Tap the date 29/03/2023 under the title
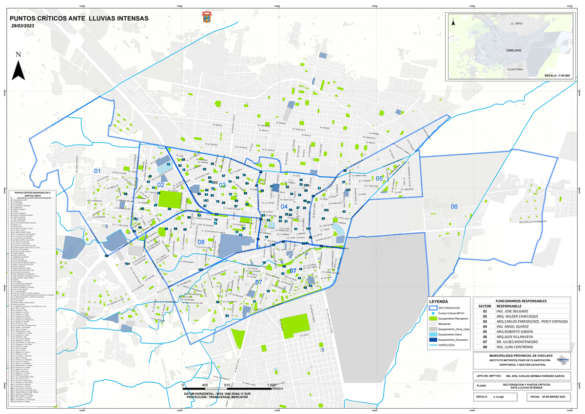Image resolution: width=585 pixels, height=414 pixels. pos(23,26)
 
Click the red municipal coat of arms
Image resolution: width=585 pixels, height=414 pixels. pos(205,19)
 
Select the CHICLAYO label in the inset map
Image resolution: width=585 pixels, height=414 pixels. pos(513,50)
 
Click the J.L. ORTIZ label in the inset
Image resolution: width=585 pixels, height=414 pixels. pos(516,23)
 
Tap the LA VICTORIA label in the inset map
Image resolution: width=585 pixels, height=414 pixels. pos(515,70)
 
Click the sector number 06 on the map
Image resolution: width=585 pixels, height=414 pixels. pos(454,207)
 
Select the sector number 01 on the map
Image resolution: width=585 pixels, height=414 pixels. pos(97,171)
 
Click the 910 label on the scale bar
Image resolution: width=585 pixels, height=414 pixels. pos(227,371)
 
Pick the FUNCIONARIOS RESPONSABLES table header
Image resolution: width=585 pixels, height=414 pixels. pos(520,301)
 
